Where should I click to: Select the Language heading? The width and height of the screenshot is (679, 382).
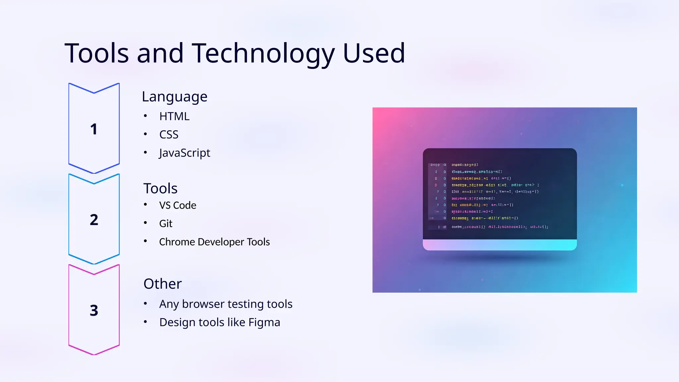coord(174,97)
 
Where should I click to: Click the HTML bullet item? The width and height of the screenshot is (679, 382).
coord(174,116)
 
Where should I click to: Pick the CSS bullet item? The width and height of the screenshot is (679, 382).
coord(169,135)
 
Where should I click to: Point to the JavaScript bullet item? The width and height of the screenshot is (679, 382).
coord(184,153)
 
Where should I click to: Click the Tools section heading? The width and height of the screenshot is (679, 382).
coord(160,188)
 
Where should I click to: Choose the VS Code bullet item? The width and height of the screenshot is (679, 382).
coord(178,205)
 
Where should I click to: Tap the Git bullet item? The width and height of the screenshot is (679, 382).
coord(166,223)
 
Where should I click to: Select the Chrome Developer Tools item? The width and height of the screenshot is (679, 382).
coord(214,242)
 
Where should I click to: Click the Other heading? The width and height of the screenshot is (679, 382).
coord(162,284)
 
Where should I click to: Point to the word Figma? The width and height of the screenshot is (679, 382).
coord(264,322)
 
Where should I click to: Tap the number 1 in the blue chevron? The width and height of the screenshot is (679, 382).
coord(94,129)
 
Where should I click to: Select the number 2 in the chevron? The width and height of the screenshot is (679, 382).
coord(94,220)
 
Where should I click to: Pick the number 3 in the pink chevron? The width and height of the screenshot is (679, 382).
coord(94,310)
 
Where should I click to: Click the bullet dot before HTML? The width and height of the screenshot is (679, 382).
coord(145,116)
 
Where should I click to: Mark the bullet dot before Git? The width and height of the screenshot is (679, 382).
coord(145,223)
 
